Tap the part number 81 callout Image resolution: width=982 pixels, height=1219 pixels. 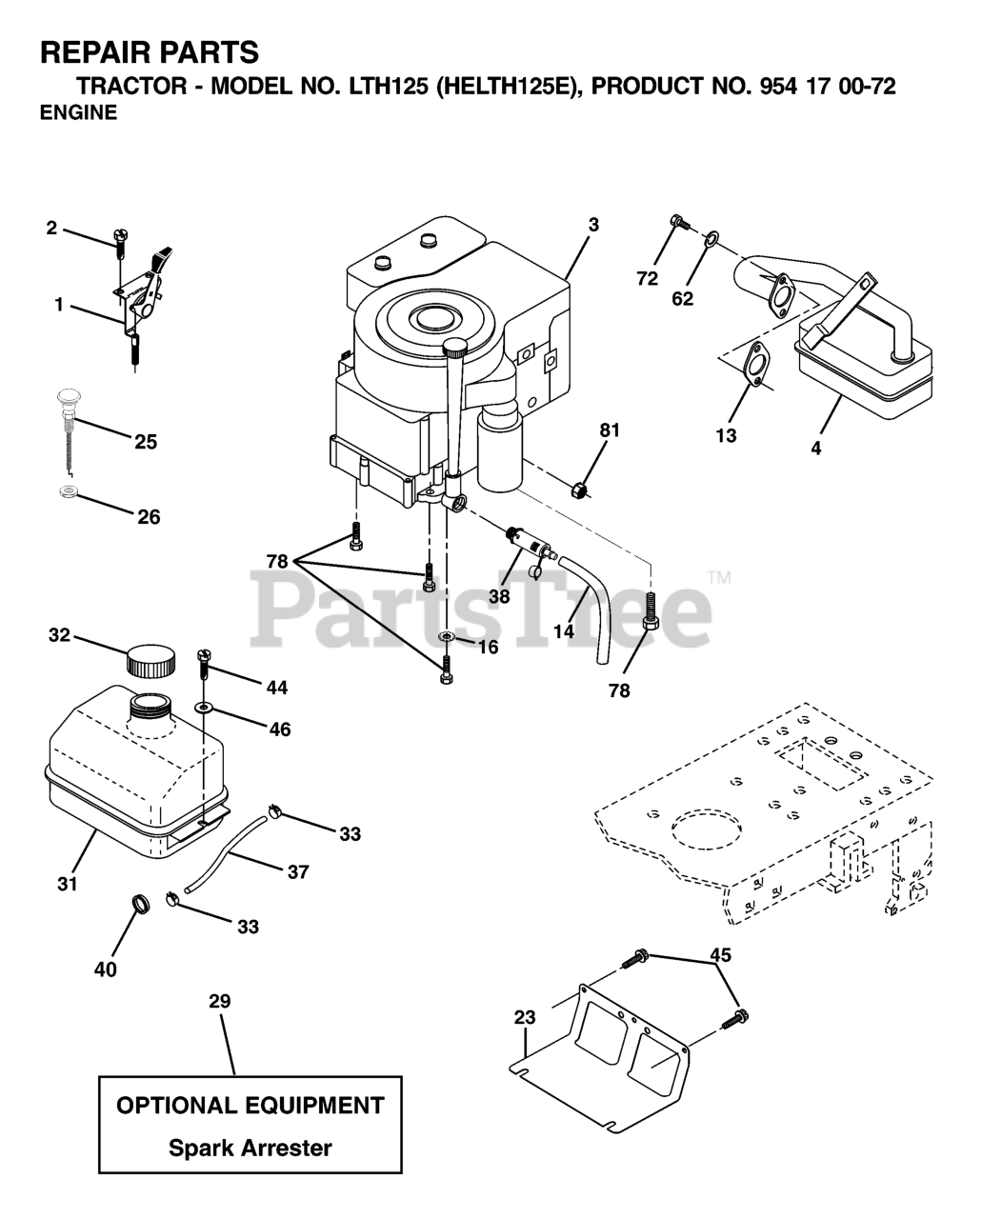pos(610,430)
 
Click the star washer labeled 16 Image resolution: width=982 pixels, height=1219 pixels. pos(447,637)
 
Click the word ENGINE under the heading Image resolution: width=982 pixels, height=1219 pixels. pos(79,112)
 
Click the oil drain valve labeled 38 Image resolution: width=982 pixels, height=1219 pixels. pos(528,543)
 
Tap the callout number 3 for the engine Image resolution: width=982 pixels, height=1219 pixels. pos(593,225)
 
